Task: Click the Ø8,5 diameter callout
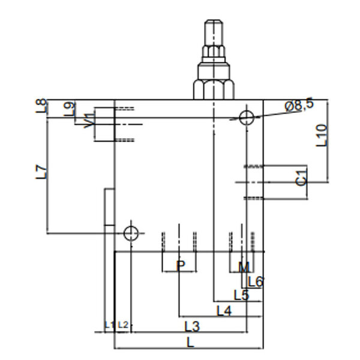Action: tap(299, 104)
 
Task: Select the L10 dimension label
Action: tap(322, 136)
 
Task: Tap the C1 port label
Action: tap(301, 178)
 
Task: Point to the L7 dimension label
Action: tap(41, 172)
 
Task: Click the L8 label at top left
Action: tap(41, 106)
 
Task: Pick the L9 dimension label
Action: tap(70, 109)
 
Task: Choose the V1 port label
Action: tap(89, 121)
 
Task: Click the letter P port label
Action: tap(181, 266)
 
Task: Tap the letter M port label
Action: tap(244, 267)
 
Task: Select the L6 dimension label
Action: tap(256, 282)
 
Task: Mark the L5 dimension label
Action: tap(241, 295)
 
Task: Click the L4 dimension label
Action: tap(224, 311)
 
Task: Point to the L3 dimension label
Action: tap(192, 326)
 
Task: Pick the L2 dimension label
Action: tap(123, 325)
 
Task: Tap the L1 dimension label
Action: tap(109, 325)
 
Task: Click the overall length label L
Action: tap(191, 343)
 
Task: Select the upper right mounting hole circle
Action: tap(247, 118)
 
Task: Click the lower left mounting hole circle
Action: tap(131, 233)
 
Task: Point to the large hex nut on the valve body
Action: tap(214, 89)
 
